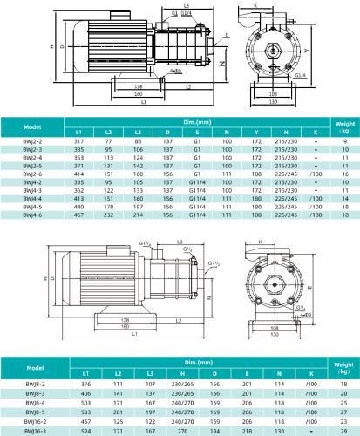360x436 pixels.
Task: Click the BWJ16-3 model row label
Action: (x=30, y=431)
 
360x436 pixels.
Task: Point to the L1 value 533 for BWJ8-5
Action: (x=86, y=412)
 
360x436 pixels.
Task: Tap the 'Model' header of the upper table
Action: (x=30, y=126)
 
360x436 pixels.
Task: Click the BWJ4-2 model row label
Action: (x=30, y=181)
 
